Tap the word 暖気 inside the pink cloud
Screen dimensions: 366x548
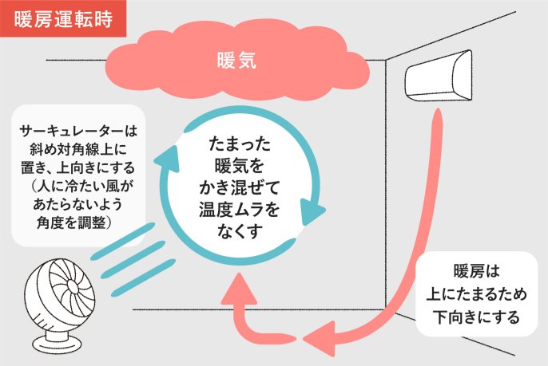point(236,60)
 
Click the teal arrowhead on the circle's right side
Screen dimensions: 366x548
point(313,211)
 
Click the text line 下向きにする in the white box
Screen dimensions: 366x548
point(476,316)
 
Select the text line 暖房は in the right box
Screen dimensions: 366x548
point(476,268)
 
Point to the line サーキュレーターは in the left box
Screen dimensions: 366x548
point(77,130)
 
